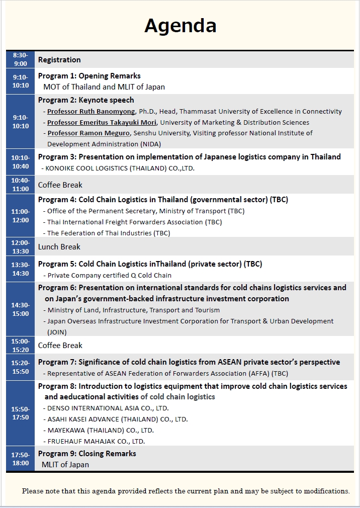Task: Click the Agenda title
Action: tap(181, 25)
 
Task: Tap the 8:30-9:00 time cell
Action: tap(21, 59)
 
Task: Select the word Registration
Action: tap(59, 60)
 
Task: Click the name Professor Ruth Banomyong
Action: tap(92, 112)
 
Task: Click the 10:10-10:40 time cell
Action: tap(21, 162)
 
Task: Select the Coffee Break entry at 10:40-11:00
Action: tap(60, 185)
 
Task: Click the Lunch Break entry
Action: tap(59, 247)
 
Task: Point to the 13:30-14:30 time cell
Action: tap(21, 269)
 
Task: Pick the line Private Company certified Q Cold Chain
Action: tap(109, 276)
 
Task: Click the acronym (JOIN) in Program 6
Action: tap(57, 332)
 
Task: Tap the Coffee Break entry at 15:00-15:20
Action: tap(60, 346)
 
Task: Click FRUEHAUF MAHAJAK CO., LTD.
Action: tap(96, 441)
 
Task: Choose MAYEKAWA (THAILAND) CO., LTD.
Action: tap(100, 430)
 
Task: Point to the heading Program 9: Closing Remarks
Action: tap(87, 454)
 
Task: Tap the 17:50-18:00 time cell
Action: tap(21, 459)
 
